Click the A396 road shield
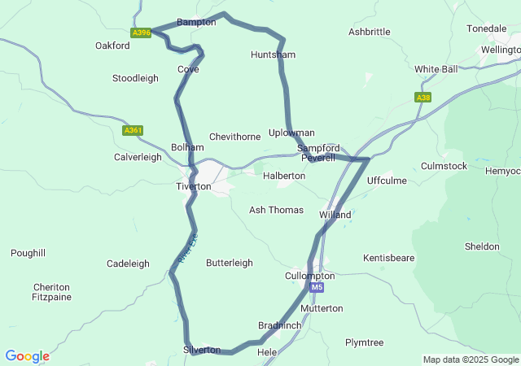pyautogui.click(x=141, y=33)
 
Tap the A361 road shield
pyautogui.click(x=133, y=130)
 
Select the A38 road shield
pyautogui.click(x=422, y=98)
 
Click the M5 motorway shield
pyautogui.click(x=316, y=287)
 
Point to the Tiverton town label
pyautogui.click(x=194, y=186)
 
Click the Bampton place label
pyautogui.click(x=196, y=22)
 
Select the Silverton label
pyautogui.click(x=202, y=350)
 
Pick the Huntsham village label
pyautogui.click(x=273, y=54)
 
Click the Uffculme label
pyautogui.click(x=387, y=180)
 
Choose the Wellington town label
pyautogui.click(x=500, y=50)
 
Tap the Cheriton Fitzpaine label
pyautogui.click(x=52, y=293)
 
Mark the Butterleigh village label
pyautogui.click(x=230, y=263)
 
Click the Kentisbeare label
pyautogui.click(x=389, y=257)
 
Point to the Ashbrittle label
pyautogui.click(x=369, y=32)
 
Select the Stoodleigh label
pyautogui.click(x=135, y=78)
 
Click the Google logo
pyautogui.click(x=27, y=356)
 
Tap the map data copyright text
pyautogui.click(x=471, y=359)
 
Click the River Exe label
pyautogui.click(x=187, y=249)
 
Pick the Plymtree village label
pyautogui.click(x=364, y=342)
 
